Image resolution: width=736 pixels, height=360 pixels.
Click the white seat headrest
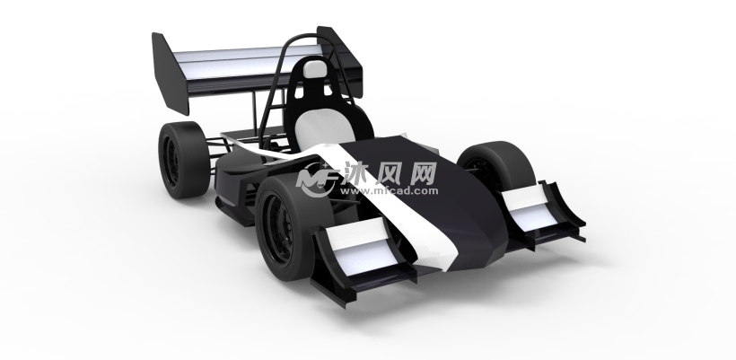pos(314,69)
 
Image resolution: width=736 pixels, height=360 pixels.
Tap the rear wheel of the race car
pos(183,160)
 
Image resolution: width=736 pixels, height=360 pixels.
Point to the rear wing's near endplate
pos(170,74)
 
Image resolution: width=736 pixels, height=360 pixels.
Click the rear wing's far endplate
pos(340,61)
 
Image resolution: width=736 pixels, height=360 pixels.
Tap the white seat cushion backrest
pos(325,126)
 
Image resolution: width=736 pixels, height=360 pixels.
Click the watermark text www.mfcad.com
pos(390,191)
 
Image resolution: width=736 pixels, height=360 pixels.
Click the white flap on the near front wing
pos(362,245)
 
